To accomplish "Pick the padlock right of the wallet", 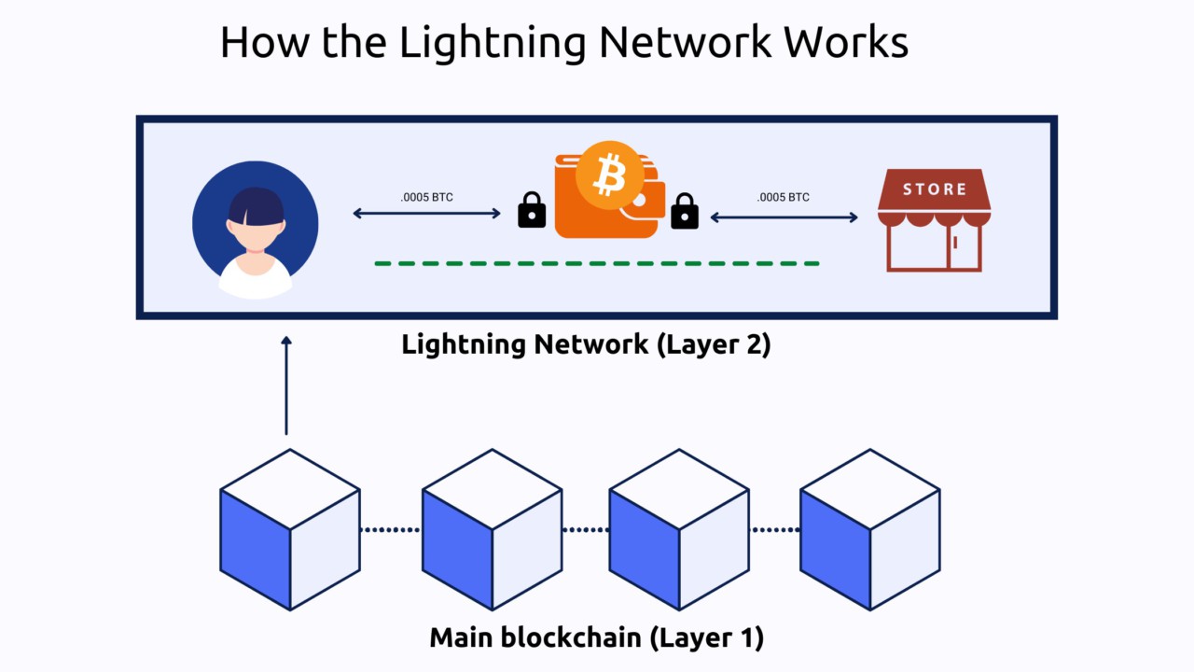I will coord(685,211).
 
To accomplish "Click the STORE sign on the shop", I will coord(934,189).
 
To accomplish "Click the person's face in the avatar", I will coord(256,232).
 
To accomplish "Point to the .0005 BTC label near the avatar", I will coord(426,197).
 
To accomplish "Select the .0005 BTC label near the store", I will coord(784,197).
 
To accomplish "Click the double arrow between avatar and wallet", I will coord(426,214).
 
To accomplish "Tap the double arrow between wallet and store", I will coord(784,217).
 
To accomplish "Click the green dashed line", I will coord(597,263).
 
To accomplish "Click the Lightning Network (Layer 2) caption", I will coord(586,344).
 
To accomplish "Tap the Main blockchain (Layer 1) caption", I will coord(597,638).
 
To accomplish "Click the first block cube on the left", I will coord(290,530).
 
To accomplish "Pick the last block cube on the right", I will coord(870,530).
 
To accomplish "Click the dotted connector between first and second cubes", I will coord(391,530).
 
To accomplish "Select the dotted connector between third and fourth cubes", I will coord(775,530).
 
